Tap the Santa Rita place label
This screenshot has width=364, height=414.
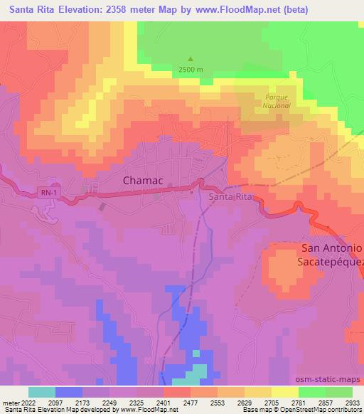pyautogui.click(x=230, y=196)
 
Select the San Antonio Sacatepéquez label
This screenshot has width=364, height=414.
pyautogui.click(x=333, y=255)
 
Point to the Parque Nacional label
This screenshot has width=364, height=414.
pyautogui.click(x=278, y=101)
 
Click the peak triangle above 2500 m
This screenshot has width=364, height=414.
pyautogui.click(x=190, y=60)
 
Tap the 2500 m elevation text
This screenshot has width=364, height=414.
pyautogui.click(x=191, y=70)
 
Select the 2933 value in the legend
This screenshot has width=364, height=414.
pyautogui.click(x=352, y=402)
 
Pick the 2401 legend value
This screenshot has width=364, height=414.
pyautogui.click(x=163, y=402)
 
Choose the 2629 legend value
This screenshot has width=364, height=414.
pyautogui.click(x=244, y=402)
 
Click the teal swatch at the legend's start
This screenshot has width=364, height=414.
pyautogui.click(x=42, y=392)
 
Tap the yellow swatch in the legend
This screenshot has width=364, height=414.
pyautogui.click(x=284, y=392)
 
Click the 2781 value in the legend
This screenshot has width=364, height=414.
pyautogui.click(x=298, y=402)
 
